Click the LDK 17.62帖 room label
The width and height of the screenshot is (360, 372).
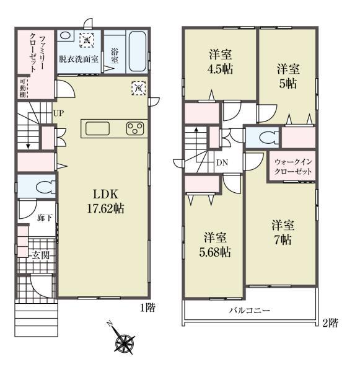pyautogui.click(x=105, y=201)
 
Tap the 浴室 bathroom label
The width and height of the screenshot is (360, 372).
pyautogui.click(x=115, y=56)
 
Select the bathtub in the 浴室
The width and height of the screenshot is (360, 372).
pyautogui.click(x=138, y=51)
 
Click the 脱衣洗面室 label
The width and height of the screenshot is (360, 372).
pyautogui.click(x=79, y=59)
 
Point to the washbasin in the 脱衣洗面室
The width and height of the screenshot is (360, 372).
pyautogui.click(x=65, y=35)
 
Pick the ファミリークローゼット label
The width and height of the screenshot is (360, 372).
pyautogui.click(x=37, y=53)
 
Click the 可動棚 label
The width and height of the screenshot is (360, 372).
pyautogui.click(x=23, y=87)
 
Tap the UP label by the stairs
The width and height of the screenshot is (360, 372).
pyautogui.click(x=58, y=113)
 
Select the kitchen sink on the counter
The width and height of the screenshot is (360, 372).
pyautogui.click(x=97, y=128)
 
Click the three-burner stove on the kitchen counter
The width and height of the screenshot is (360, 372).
pyautogui.click(x=135, y=128)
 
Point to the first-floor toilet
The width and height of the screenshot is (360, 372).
pyautogui.click(x=46, y=187)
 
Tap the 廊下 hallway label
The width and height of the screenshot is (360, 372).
pyautogui.click(x=45, y=218)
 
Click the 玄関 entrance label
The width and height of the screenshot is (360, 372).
pyautogui.click(x=41, y=255)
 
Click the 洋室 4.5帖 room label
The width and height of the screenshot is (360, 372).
pyautogui.click(x=221, y=61)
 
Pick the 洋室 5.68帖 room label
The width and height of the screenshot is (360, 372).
pyautogui.click(x=215, y=245)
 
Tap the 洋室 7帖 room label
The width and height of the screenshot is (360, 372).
pyautogui.click(x=283, y=232)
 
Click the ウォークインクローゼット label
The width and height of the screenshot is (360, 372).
pyautogui.click(x=293, y=167)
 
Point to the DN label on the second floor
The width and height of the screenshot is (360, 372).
pyautogui.click(x=222, y=162)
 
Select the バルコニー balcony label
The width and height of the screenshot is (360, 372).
pyautogui.click(x=250, y=311)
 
